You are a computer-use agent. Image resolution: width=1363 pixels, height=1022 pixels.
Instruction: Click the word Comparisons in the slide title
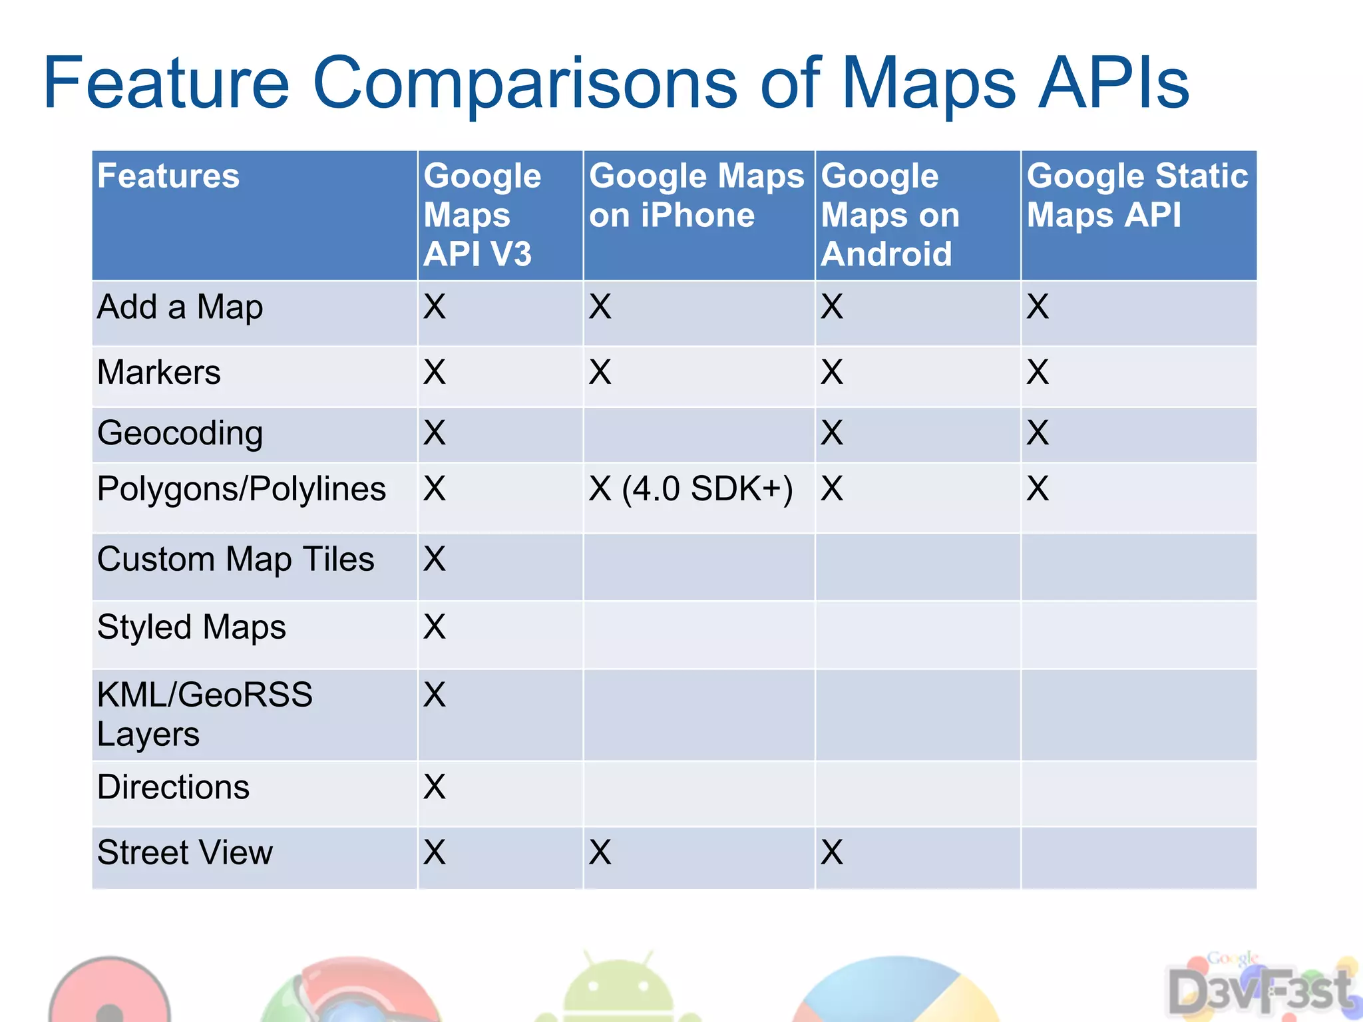pyautogui.click(x=524, y=84)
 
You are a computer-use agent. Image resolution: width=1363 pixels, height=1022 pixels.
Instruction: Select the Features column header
pyautogui.click(x=168, y=176)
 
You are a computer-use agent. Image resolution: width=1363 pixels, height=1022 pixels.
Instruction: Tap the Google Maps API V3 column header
pyautogui.click(x=482, y=215)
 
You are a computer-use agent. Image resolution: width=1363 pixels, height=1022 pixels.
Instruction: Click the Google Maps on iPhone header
pyautogui.click(x=696, y=196)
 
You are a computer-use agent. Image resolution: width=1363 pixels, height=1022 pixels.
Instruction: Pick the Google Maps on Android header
pyautogui.click(x=890, y=215)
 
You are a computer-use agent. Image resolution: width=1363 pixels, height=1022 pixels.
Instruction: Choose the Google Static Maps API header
pyautogui.click(x=1137, y=196)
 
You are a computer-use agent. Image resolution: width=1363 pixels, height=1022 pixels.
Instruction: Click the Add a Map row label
pyautogui.click(x=180, y=307)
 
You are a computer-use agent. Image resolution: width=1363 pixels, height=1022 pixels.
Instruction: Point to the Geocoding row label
pyautogui.click(x=180, y=433)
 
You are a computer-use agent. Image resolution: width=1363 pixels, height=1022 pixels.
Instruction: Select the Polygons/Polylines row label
pyautogui.click(x=241, y=489)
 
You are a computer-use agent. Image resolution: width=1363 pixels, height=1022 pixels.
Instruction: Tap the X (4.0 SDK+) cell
pyautogui.click(x=691, y=489)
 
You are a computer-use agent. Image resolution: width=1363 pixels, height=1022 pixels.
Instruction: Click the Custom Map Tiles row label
pyautogui.click(x=236, y=559)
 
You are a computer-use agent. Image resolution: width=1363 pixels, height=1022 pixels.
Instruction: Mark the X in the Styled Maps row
pyautogui.click(x=435, y=627)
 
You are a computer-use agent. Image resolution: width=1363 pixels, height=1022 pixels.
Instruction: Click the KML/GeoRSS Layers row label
pyautogui.click(x=204, y=714)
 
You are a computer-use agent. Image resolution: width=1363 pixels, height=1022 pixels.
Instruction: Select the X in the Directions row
pyautogui.click(x=435, y=787)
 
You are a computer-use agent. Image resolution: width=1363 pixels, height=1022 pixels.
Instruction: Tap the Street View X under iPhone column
pyautogui.click(x=600, y=852)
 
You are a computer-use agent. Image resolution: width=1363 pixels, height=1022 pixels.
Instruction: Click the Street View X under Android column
pyautogui.click(x=832, y=852)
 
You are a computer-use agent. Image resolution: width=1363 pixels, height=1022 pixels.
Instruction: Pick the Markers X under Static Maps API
pyautogui.click(x=1038, y=372)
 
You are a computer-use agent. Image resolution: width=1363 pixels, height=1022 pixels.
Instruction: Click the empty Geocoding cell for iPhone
pyautogui.click(x=699, y=434)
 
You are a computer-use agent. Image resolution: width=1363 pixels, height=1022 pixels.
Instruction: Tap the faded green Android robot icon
pyautogui.click(x=618, y=988)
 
